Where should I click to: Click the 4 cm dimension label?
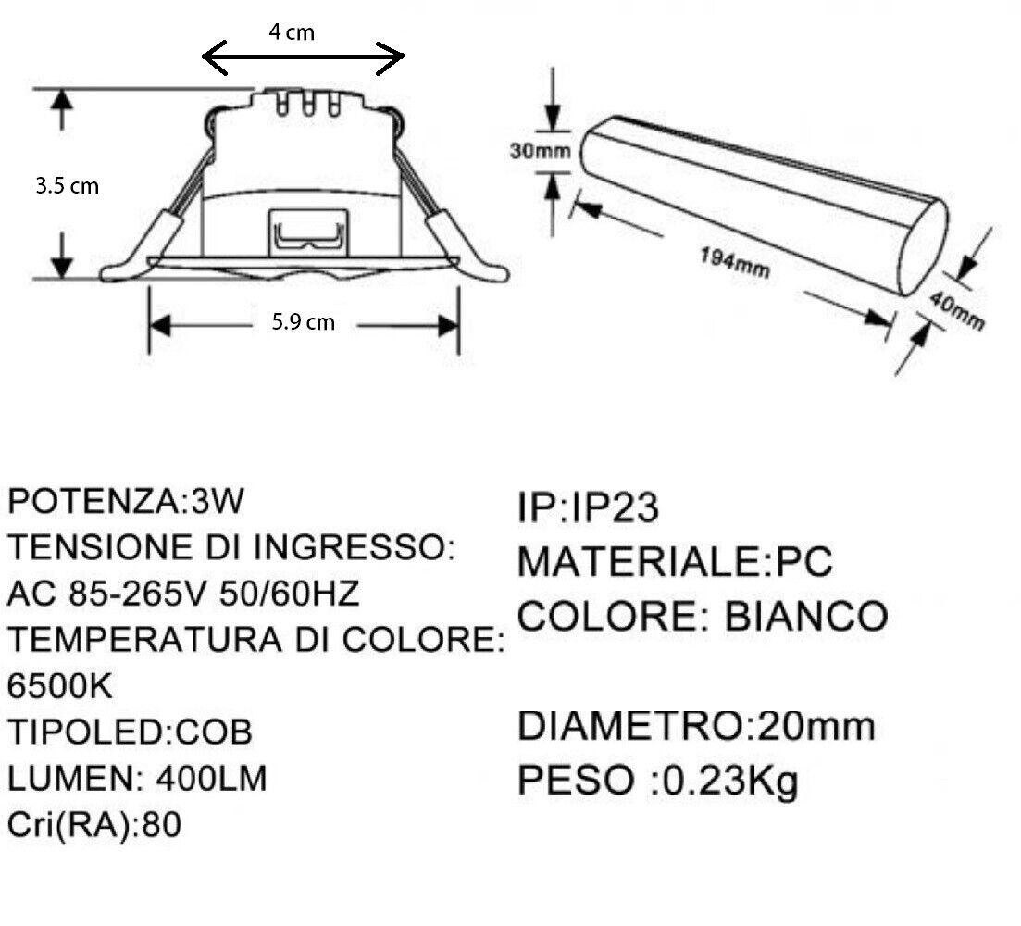pyautogui.click(x=292, y=31)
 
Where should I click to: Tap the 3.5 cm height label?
pyautogui.click(x=67, y=186)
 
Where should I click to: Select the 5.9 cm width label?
pyautogui.click(x=304, y=321)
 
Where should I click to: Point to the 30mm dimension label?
pyautogui.click(x=540, y=151)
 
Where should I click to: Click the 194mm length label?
pyautogui.click(x=734, y=262)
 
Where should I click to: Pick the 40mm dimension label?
pyautogui.click(x=956, y=310)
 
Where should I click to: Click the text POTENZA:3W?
pyautogui.click(x=126, y=501)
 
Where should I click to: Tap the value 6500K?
pyautogui.click(x=60, y=686)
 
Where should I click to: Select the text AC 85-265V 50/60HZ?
pyautogui.click(x=183, y=594)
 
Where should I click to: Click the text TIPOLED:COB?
pyautogui.click(x=130, y=732)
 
